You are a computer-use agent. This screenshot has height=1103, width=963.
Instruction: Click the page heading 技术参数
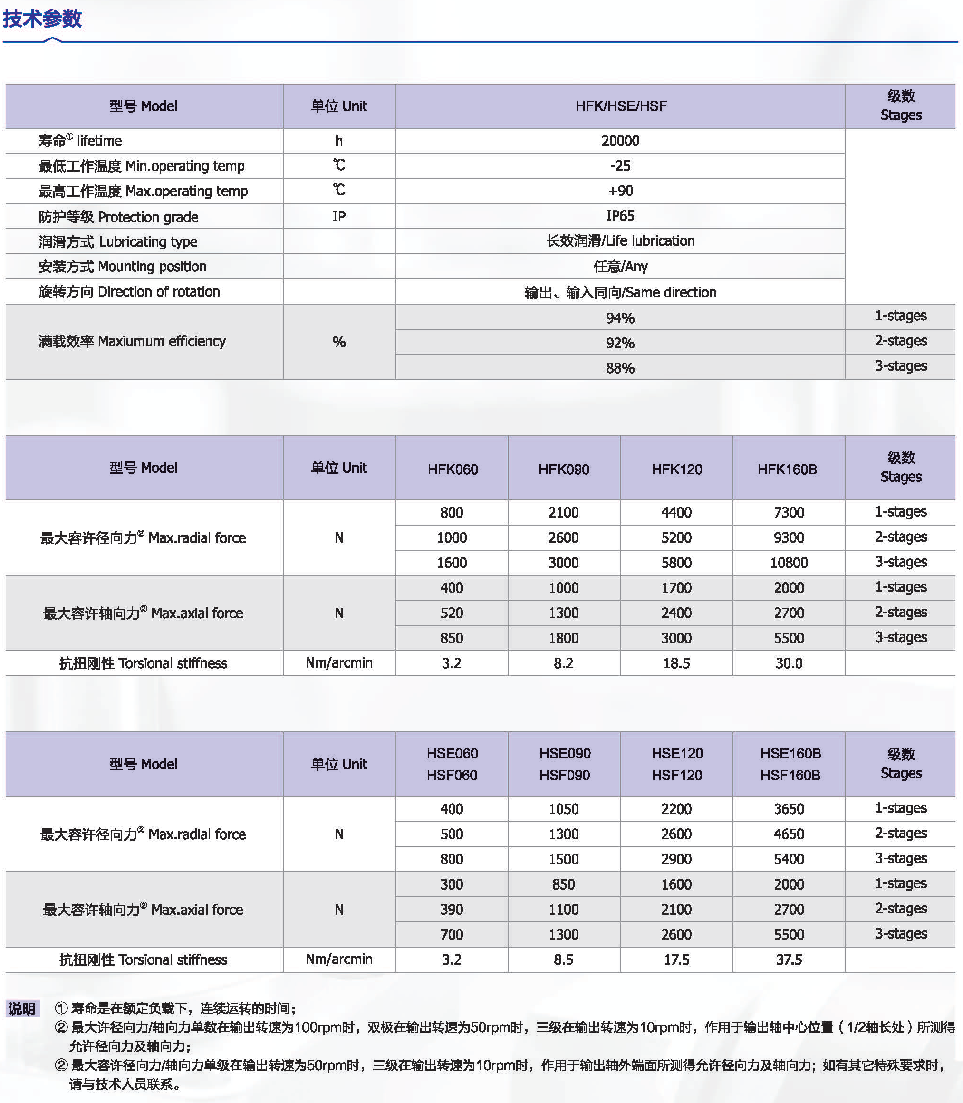coord(42,19)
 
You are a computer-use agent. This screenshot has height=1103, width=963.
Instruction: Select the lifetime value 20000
coord(620,141)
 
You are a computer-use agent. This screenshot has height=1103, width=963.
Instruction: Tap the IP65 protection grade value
coord(620,216)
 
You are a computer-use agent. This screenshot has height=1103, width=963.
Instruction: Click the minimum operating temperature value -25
coord(620,165)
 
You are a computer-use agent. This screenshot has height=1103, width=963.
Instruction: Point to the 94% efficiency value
coord(620,318)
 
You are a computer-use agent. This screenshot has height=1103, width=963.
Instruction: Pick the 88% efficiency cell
coord(620,368)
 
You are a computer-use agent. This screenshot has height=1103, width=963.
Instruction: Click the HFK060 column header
coord(453,469)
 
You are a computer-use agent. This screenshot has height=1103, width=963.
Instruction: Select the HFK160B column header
coord(787,469)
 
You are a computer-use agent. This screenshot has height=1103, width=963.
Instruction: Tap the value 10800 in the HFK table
coord(789,563)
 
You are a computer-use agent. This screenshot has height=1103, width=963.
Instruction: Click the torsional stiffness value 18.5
coord(676,663)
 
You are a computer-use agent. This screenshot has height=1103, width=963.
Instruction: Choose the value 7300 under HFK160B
coord(789,512)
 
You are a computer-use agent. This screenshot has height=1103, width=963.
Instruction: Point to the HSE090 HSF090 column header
coord(564,764)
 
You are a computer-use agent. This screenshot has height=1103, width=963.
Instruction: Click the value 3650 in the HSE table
coord(789,808)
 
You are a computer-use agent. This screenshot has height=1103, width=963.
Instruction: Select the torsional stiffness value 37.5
coord(789,959)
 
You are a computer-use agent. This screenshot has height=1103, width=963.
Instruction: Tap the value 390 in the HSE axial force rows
coord(452,909)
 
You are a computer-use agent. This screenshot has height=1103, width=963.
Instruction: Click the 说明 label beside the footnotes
coord(21,1008)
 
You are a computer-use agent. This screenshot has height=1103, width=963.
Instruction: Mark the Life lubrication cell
coord(620,240)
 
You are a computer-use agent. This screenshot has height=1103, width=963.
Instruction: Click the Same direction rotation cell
coord(620,292)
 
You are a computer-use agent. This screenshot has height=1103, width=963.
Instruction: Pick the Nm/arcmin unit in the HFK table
coord(338,663)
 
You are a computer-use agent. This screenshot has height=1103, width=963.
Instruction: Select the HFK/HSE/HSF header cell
coord(620,106)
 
